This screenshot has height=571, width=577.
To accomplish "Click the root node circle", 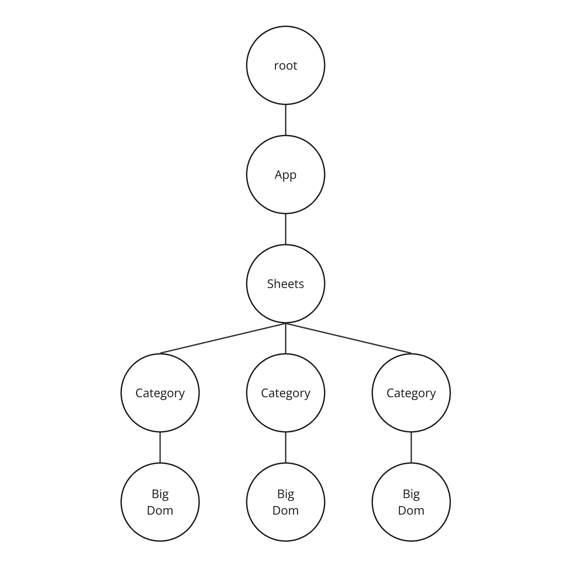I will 286,65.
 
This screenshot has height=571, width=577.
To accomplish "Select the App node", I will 286,174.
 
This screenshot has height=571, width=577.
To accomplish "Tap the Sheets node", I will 286,284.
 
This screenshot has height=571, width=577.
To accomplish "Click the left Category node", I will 160,393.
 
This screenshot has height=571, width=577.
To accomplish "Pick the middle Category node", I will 286,393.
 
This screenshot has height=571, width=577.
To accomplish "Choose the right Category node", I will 411,393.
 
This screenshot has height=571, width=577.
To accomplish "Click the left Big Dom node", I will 160,502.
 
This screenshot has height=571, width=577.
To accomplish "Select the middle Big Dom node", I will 286,502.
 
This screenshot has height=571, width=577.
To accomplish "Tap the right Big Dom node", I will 411,502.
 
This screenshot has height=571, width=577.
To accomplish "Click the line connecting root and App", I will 286,120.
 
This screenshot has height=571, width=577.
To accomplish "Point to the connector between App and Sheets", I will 286,229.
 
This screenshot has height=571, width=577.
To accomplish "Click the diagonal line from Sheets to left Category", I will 223,338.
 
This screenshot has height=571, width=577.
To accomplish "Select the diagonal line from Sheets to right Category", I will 348,338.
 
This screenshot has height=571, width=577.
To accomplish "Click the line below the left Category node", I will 160,447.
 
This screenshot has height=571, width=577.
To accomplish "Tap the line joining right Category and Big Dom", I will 411,447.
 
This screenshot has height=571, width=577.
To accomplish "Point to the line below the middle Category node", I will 286,447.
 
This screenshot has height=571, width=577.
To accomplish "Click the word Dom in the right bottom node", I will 411,510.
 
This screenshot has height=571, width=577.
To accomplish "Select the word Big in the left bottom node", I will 160,494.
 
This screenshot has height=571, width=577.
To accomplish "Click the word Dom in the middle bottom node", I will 286,510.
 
